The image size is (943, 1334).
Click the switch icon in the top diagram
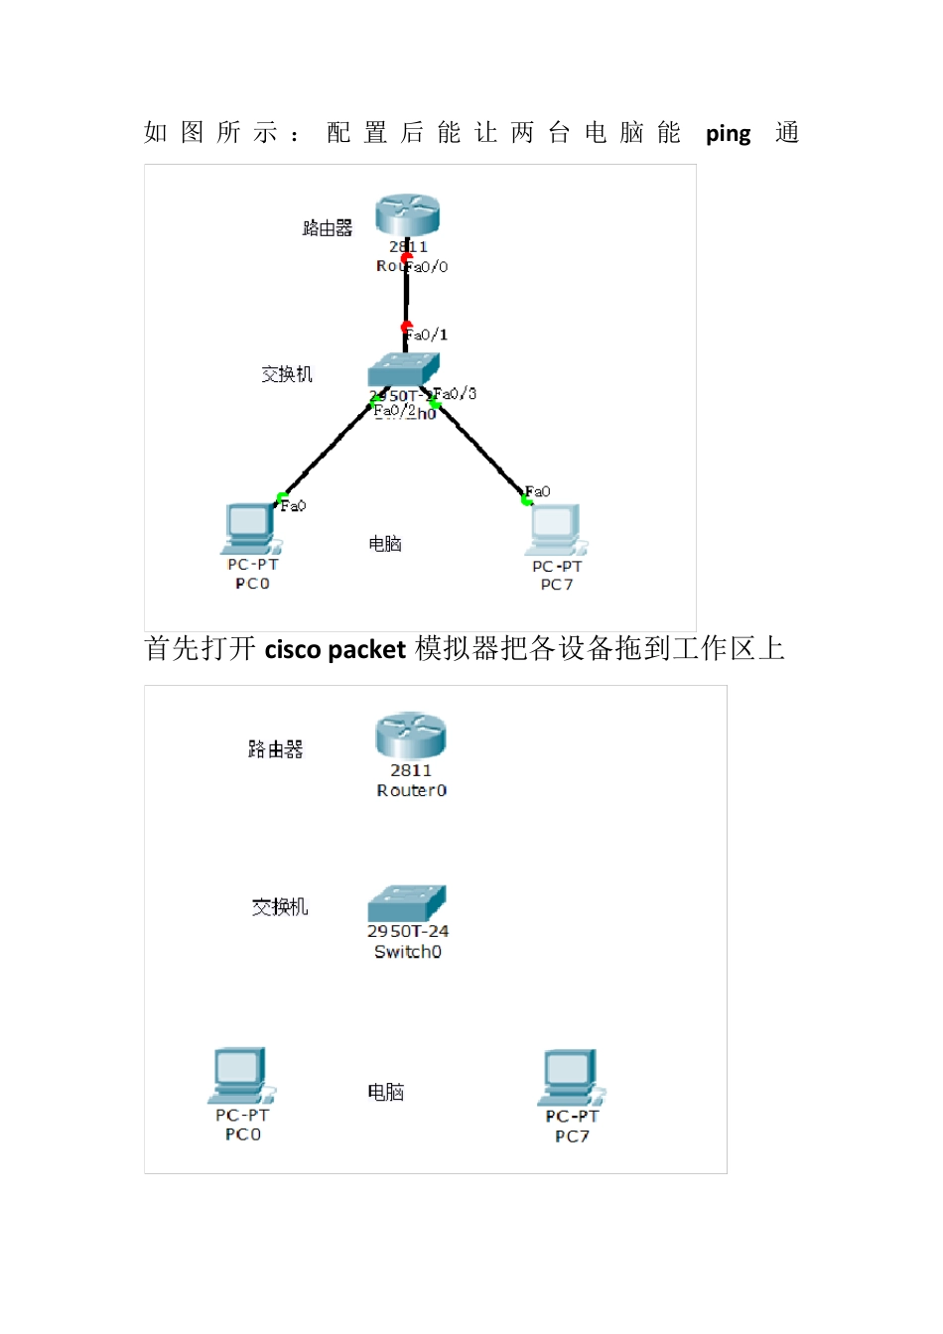point(403,370)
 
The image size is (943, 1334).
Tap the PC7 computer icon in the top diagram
point(556,530)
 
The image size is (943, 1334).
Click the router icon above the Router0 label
point(410,735)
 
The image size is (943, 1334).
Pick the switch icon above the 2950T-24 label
point(407,903)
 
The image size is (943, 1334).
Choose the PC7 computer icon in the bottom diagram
point(571,1078)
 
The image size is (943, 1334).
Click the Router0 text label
point(412,791)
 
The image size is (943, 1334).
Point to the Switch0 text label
point(408,952)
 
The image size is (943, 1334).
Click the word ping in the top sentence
point(728,134)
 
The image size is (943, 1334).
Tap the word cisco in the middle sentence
point(293,650)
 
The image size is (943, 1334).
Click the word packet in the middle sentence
point(366,650)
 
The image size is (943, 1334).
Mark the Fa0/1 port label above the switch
point(428,335)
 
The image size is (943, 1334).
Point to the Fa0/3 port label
point(456,394)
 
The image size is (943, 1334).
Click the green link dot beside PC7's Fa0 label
point(526,500)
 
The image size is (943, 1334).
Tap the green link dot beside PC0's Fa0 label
point(282,497)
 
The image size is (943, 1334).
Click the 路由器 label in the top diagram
point(328,229)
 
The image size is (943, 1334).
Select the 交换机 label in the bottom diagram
point(280,907)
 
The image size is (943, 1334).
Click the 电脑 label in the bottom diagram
point(386,1093)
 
